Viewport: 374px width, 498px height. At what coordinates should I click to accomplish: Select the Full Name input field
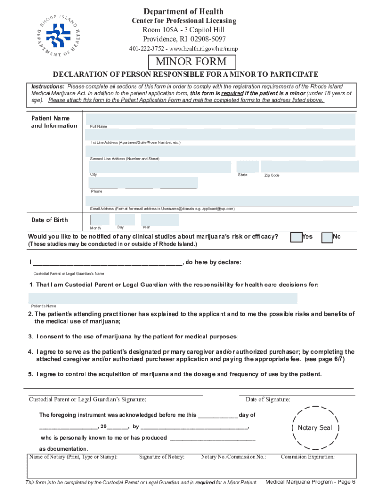pos(221,119)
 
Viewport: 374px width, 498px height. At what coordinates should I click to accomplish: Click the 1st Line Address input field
pos(221,135)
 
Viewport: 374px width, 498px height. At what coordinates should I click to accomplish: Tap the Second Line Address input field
pos(221,151)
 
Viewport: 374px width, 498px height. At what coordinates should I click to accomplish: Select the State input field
pos(247,167)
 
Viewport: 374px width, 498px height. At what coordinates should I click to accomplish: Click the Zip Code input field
pos(310,167)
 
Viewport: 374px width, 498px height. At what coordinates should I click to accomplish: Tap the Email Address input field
pos(222,201)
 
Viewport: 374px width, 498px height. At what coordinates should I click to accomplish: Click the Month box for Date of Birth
pos(100,220)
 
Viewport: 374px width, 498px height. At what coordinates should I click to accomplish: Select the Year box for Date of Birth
pos(160,220)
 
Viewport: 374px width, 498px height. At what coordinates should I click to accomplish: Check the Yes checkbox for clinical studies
pos(296,237)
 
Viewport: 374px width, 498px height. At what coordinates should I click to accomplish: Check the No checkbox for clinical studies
pos(327,237)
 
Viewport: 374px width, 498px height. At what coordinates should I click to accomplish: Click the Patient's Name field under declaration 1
pos(163,298)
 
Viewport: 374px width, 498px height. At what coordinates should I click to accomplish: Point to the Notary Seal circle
pos(315,428)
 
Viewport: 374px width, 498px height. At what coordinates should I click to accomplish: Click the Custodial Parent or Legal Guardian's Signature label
pos(87,400)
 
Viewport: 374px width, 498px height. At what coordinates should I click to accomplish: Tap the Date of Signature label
pos(268,400)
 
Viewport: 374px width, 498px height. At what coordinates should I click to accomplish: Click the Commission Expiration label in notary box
pos(307,457)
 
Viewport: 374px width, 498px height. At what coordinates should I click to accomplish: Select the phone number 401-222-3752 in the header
pos(146,49)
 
